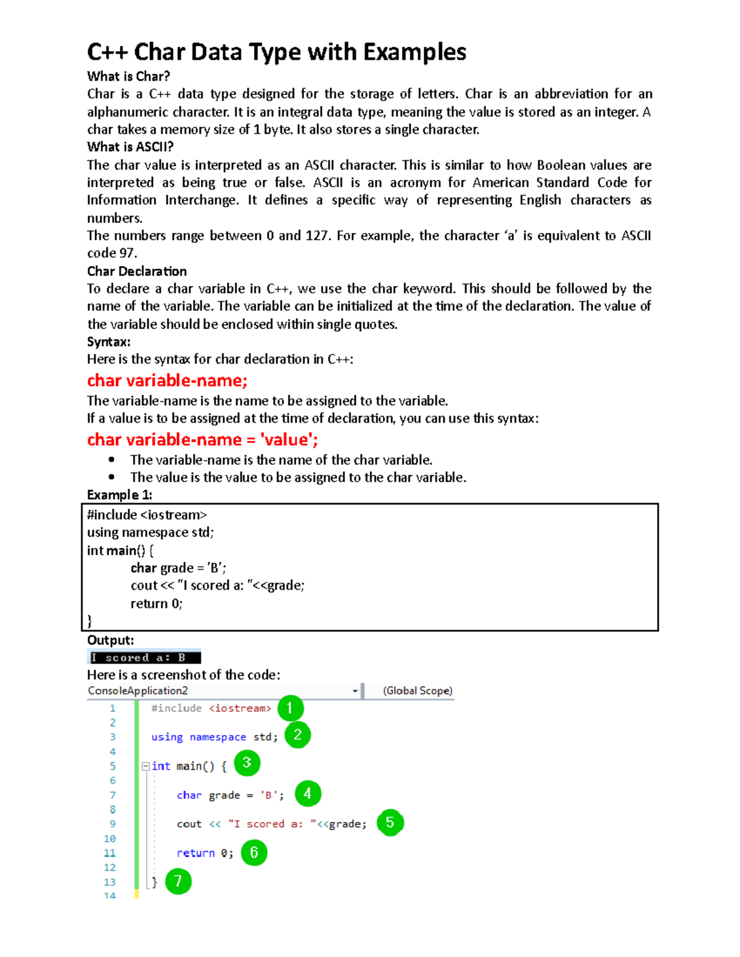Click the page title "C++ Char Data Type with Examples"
click(276, 52)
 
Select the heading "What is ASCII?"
click(130, 147)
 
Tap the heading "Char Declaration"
click(137, 271)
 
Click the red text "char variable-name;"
click(167, 380)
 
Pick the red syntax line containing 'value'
click(202, 439)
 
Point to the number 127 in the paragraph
click(317, 235)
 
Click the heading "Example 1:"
click(120, 495)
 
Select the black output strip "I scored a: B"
click(144, 658)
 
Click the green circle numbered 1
click(290, 708)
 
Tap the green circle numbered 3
click(247, 763)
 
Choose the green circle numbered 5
click(390, 823)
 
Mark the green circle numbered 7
click(178, 881)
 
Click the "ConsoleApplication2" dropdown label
click(138, 691)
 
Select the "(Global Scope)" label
click(417, 691)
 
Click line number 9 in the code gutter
click(112, 824)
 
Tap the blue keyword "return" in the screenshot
click(195, 853)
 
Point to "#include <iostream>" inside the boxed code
click(147, 515)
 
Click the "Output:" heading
click(110, 640)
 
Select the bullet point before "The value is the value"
click(112, 477)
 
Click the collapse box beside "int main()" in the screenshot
click(146, 767)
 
